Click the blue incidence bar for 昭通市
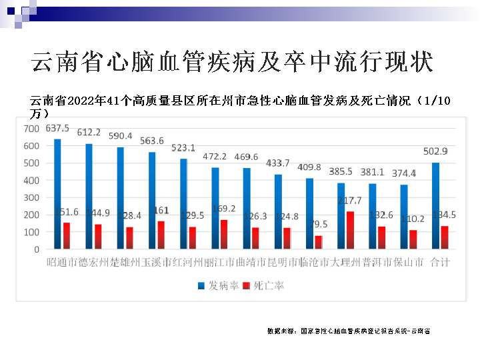[57, 194]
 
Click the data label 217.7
[350, 201]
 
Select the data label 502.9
[435, 151]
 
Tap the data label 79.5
[321, 224]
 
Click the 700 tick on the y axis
[31, 128]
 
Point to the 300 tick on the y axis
[31, 197]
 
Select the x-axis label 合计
[440, 262]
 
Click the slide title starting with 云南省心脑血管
[232, 62]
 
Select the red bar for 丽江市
[225, 234]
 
